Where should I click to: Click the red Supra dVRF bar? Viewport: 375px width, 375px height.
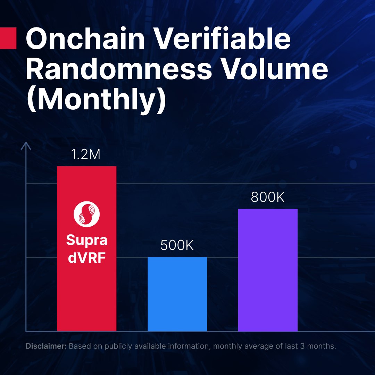(86, 249)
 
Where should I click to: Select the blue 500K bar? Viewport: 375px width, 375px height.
(177, 294)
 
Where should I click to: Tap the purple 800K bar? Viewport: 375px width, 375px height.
(268, 270)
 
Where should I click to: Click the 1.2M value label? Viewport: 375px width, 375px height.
(86, 155)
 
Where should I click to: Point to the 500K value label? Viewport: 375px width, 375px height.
(177, 245)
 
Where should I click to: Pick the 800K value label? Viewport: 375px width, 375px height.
(268, 198)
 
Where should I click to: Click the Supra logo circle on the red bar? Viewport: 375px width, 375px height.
(86, 214)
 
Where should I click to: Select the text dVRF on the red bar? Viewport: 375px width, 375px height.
(86, 258)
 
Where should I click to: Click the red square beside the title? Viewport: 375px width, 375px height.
(8, 38)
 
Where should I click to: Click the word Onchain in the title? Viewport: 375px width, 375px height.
(85, 39)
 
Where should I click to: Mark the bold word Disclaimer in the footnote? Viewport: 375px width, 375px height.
(46, 346)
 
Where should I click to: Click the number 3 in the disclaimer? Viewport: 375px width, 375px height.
(302, 346)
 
